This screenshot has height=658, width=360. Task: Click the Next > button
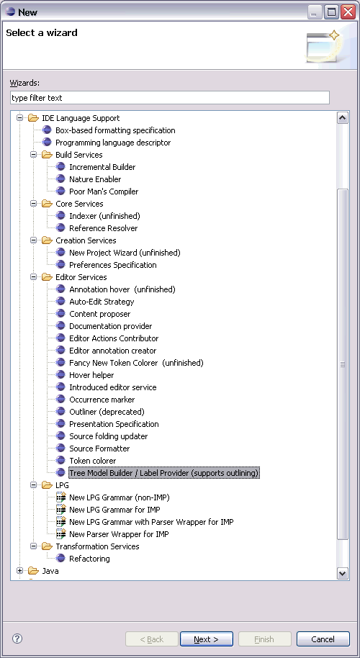(206, 639)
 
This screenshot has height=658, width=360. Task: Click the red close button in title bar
(348, 12)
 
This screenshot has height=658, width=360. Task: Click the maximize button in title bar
(331, 12)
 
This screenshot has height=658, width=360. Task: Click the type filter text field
(169, 98)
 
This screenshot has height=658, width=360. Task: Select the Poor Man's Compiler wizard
(104, 191)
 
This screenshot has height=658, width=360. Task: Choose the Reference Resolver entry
(103, 228)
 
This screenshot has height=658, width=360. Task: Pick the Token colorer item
(92, 461)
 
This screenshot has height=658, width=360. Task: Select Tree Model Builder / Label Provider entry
(164, 473)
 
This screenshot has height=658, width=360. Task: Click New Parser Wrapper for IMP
(119, 534)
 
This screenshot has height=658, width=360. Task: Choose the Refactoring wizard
(89, 559)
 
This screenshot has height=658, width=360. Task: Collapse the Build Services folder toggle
(33, 155)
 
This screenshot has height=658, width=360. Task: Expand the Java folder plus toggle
(19, 571)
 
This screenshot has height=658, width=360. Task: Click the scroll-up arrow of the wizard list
(343, 118)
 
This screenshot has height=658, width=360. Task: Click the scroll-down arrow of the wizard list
(343, 573)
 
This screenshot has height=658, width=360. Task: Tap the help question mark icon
(17, 639)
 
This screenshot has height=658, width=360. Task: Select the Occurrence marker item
(102, 400)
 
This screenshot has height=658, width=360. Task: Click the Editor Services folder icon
(47, 277)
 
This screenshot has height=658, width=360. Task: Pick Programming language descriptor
(113, 143)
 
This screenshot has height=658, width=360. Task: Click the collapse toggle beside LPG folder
(33, 485)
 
